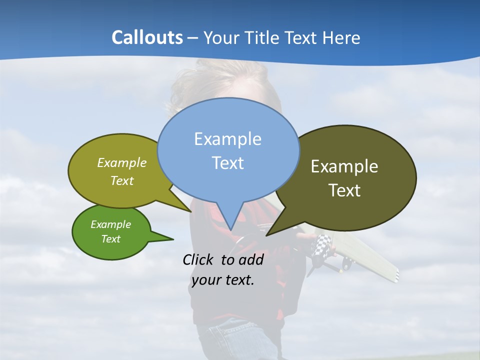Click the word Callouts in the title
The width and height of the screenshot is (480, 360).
[x=147, y=37]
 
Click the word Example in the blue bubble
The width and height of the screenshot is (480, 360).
[x=227, y=139]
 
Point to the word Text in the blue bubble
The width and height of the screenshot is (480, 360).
[x=227, y=163]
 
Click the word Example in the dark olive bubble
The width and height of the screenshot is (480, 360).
[x=344, y=166]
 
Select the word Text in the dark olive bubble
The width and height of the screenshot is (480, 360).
[x=344, y=190]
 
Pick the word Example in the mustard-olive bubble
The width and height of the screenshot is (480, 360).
[x=122, y=162]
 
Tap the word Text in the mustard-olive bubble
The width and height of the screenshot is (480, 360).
[x=122, y=180]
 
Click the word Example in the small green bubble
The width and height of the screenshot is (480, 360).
[x=110, y=224]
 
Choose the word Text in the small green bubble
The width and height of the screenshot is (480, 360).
[x=110, y=239]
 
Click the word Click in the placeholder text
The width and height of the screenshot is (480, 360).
[x=198, y=259]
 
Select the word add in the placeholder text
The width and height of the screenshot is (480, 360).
[x=250, y=259]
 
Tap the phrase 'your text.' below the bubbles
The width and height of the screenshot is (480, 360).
[x=223, y=279]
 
